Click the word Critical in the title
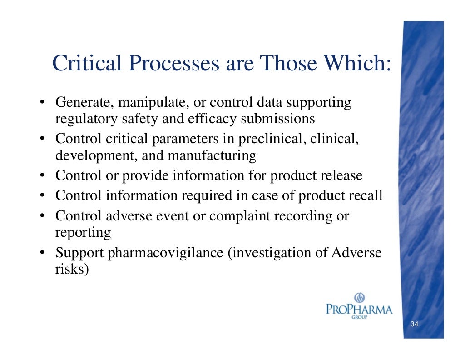coord(84,63)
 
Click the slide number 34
coord(414,325)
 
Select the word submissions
coord(277,119)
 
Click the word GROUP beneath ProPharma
coord(359,317)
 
